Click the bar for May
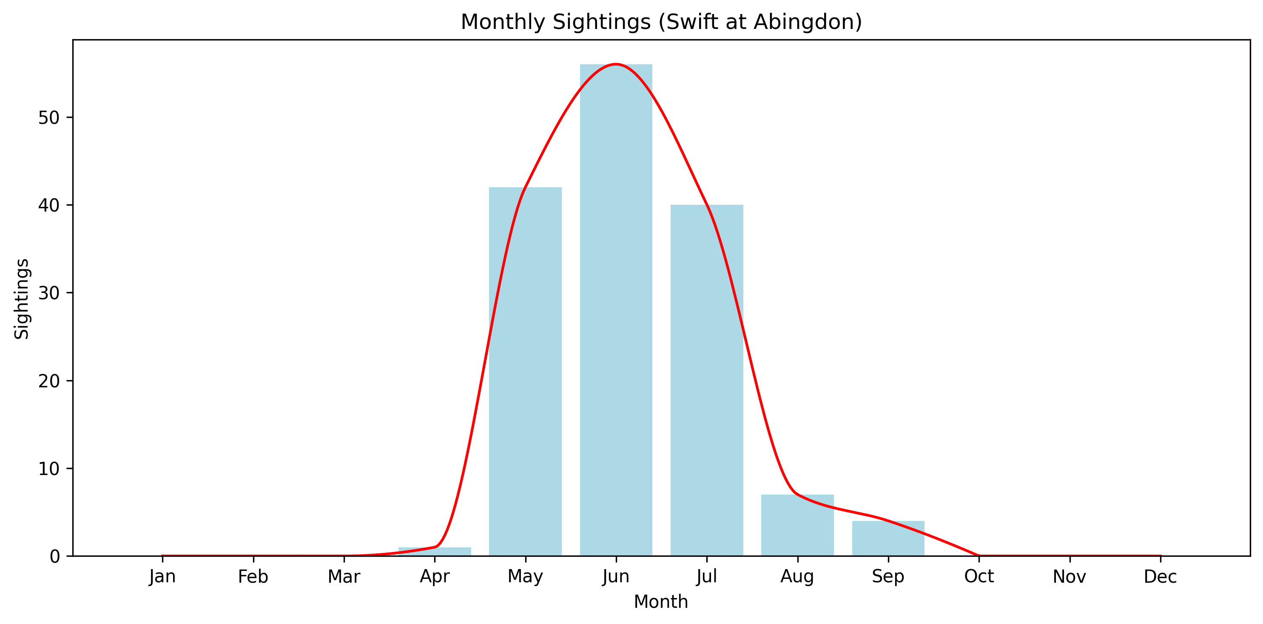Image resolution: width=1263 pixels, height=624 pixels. [525, 373]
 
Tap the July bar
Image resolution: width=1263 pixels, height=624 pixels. [706, 383]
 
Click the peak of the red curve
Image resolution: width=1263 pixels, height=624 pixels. [616, 64]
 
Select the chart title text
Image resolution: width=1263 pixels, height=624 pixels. [661, 22]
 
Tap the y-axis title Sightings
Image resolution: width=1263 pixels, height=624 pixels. [22, 299]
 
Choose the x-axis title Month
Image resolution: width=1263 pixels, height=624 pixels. [661, 602]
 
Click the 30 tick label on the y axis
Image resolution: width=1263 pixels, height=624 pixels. [48, 293]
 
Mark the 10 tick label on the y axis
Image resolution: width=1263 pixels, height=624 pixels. [48, 469]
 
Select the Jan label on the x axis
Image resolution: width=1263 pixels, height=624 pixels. [162, 577]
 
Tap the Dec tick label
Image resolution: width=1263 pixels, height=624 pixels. [1160, 577]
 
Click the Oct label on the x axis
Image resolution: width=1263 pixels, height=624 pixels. [979, 577]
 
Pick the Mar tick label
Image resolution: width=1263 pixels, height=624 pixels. [344, 577]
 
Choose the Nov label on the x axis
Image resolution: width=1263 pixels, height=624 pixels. [1070, 577]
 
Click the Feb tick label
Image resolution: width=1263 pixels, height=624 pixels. [253, 577]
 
